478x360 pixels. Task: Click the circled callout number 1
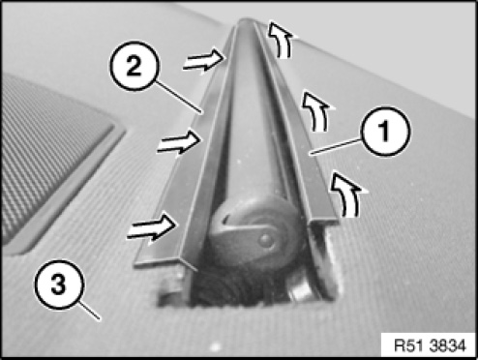tap(386, 132)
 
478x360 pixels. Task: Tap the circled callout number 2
tap(134, 66)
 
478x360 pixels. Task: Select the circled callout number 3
tap(59, 285)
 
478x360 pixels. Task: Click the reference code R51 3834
tap(430, 345)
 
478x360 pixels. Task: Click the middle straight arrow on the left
tap(179, 143)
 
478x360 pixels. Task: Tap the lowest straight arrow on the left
tap(152, 227)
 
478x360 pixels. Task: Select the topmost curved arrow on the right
tap(282, 40)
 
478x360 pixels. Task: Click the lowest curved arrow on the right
tap(348, 194)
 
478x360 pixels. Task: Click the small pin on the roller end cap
tap(266, 240)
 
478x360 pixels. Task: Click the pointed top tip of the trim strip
tap(247, 20)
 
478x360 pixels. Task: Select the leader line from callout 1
tap(336, 146)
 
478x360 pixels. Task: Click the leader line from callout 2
tap(178, 97)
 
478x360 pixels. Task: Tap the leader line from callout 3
tap(90, 311)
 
